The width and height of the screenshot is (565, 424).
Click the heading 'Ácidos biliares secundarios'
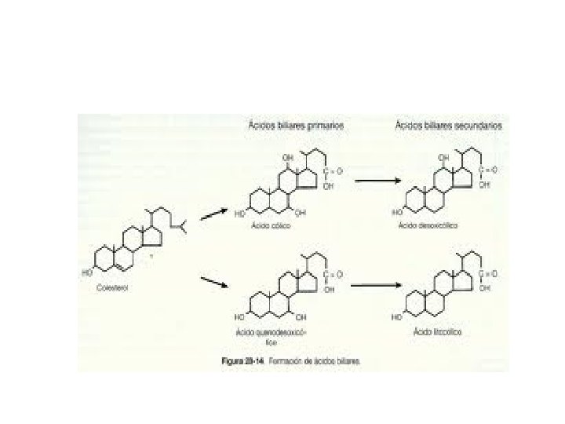448,125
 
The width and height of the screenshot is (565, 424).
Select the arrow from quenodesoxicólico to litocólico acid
372,284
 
